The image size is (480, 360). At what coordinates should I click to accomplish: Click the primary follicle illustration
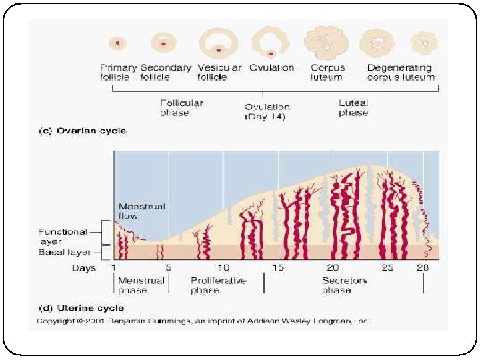118,43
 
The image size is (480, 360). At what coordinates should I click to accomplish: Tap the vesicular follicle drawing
219,43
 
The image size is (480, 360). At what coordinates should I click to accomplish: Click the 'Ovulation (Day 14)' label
267,112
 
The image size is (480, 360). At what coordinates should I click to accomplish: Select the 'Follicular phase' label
181,108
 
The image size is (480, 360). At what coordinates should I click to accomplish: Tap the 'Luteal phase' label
353,108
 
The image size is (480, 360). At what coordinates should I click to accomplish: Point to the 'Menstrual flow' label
141,211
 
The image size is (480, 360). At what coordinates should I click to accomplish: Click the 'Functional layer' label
63,237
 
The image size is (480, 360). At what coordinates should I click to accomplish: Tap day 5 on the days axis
168,268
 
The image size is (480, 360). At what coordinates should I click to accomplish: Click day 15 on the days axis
278,268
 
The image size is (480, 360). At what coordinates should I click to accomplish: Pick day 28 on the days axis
423,268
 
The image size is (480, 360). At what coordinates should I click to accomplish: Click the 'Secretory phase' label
344,285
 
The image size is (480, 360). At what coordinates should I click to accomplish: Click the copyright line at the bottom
203,321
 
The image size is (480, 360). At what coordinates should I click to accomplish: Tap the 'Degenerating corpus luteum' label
400,72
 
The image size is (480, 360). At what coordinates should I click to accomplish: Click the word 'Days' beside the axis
84,268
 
